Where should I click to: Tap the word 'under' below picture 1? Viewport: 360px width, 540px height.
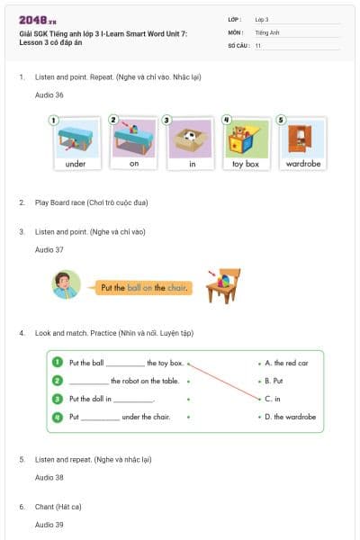76,165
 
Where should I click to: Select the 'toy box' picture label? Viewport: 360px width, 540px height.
246,165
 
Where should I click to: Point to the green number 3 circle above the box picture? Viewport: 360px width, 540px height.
166,120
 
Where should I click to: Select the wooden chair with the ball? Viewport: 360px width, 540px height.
222,285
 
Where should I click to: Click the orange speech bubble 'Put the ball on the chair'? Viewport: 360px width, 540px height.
144,287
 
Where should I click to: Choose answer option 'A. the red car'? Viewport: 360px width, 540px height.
286,363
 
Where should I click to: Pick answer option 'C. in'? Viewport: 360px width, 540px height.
272,398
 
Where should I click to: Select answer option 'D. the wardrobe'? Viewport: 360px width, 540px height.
290,417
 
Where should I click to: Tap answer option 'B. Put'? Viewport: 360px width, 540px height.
274,381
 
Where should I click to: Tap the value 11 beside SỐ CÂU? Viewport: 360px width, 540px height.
258,45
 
